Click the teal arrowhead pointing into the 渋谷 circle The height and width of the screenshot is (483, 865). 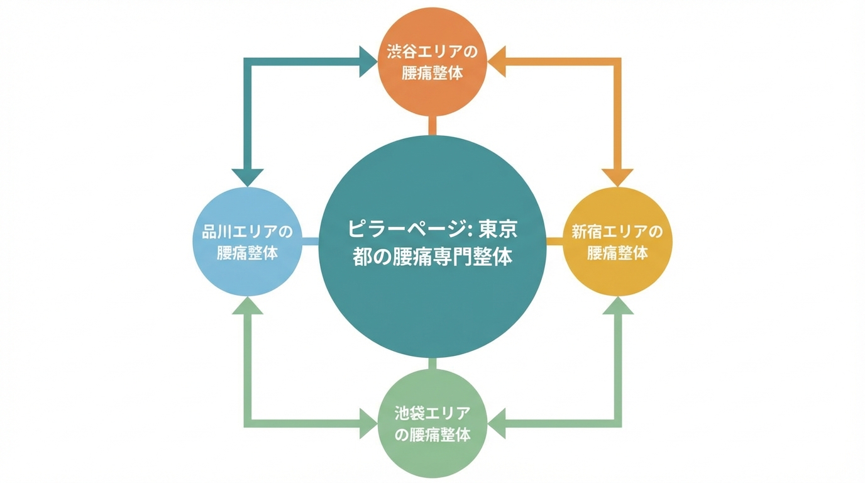pyautogui.click(x=368, y=62)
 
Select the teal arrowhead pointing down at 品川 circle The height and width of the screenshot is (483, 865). pyautogui.click(x=248, y=177)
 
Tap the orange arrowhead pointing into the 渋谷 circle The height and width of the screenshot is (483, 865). pyautogui.click(x=497, y=62)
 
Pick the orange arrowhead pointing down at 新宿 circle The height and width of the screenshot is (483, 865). pyautogui.click(x=617, y=177)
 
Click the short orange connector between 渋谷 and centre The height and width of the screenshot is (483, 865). pyautogui.click(x=432, y=126)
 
